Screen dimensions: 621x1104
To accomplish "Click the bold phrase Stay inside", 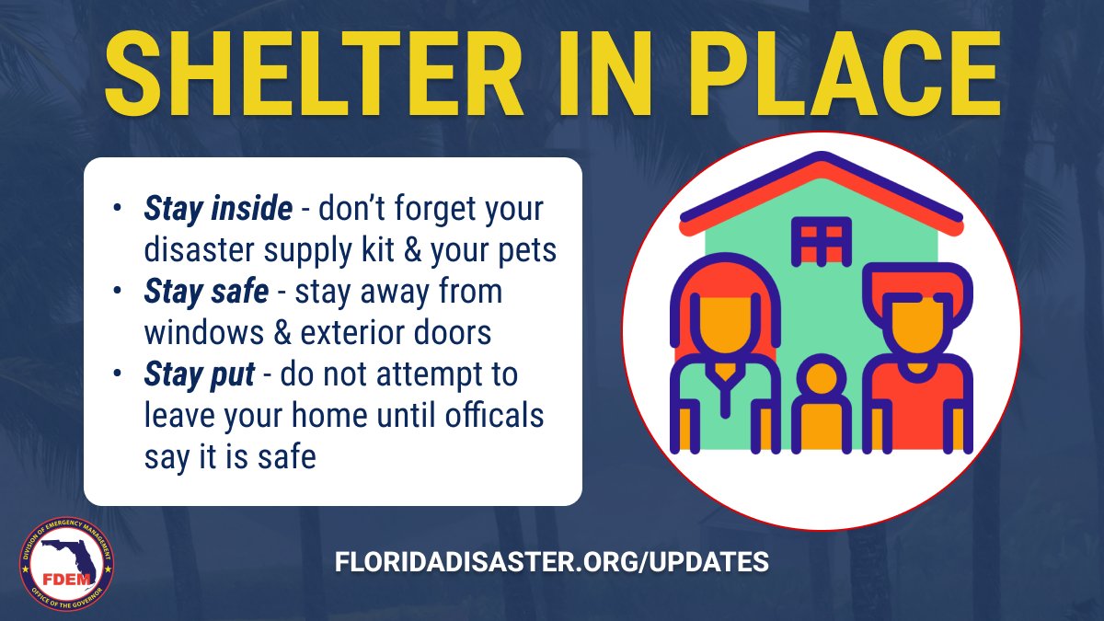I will [218, 210].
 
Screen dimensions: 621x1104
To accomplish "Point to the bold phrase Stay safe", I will [206, 293].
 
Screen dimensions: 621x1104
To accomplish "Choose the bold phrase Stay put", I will [201, 375].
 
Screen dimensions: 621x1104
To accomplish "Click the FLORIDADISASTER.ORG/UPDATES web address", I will [551, 561].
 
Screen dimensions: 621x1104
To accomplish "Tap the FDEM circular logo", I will [66, 564].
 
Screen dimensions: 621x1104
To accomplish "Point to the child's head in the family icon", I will [821, 380].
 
